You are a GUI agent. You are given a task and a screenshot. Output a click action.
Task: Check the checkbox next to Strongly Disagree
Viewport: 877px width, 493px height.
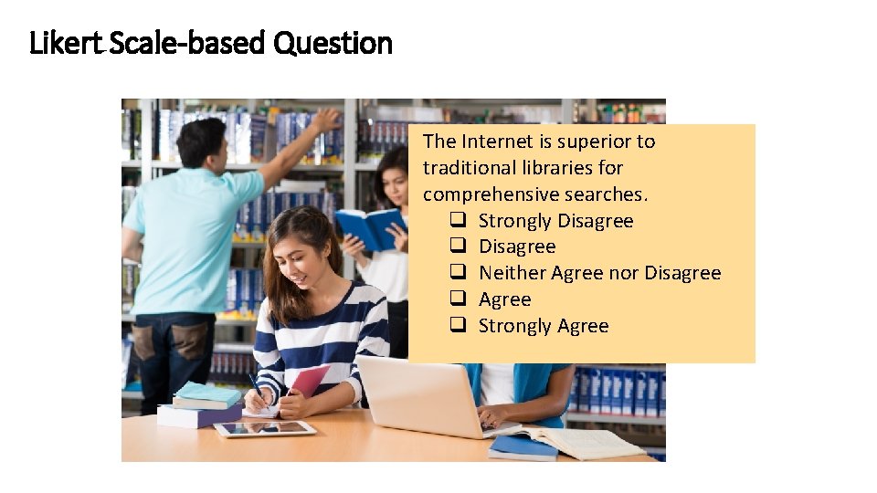coord(459,221)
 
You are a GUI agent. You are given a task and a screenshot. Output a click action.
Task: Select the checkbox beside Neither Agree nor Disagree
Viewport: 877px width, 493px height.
coord(459,273)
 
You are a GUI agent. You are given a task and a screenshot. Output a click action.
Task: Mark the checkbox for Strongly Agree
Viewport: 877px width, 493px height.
coord(459,326)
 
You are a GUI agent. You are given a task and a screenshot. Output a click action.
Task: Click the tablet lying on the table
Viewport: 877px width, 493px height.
coord(265,428)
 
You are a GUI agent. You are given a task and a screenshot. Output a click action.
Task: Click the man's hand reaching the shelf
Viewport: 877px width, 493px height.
coord(325,120)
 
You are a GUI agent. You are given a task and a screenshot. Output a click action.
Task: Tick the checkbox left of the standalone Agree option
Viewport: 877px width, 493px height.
coord(459,299)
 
